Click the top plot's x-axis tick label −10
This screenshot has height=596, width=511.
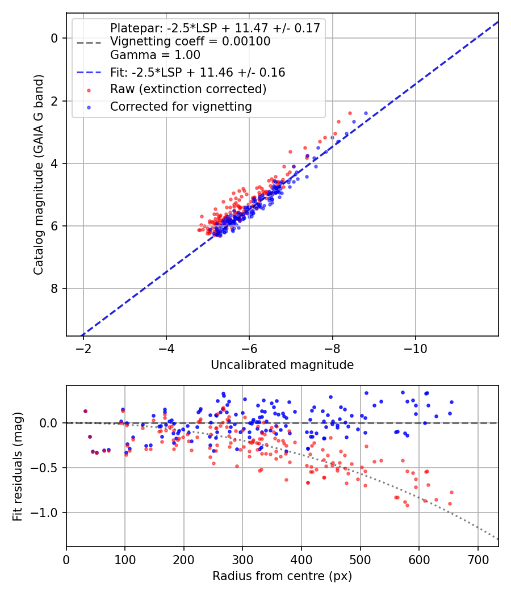pos(415,349)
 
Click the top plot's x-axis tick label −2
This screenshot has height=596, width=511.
pos(83,349)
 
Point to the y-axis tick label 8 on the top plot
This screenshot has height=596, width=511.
pos(55,289)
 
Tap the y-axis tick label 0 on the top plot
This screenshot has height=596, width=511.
pos(55,39)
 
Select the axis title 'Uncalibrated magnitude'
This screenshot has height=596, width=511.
pos(282,365)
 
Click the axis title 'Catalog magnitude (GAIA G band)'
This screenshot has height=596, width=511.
pos(39,174)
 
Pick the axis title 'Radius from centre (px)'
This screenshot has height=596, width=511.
pos(282,576)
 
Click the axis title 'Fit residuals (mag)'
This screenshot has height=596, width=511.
pos(18,467)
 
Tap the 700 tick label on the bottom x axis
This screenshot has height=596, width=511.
pos(478,560)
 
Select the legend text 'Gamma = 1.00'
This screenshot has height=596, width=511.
pos(155,55)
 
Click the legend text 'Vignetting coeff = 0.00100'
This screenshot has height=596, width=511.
pos(190,41)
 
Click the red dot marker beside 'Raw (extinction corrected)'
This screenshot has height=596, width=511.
pos(89,90)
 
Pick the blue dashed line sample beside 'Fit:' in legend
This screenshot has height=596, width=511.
pos(89,73)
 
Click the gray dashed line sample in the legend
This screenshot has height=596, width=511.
pos(89,42)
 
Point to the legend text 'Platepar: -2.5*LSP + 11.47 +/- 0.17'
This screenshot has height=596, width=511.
pos(215,28)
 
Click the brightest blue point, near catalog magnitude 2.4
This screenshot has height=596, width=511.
pos(366,114)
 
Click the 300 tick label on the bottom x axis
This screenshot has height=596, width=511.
pos(242,560)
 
